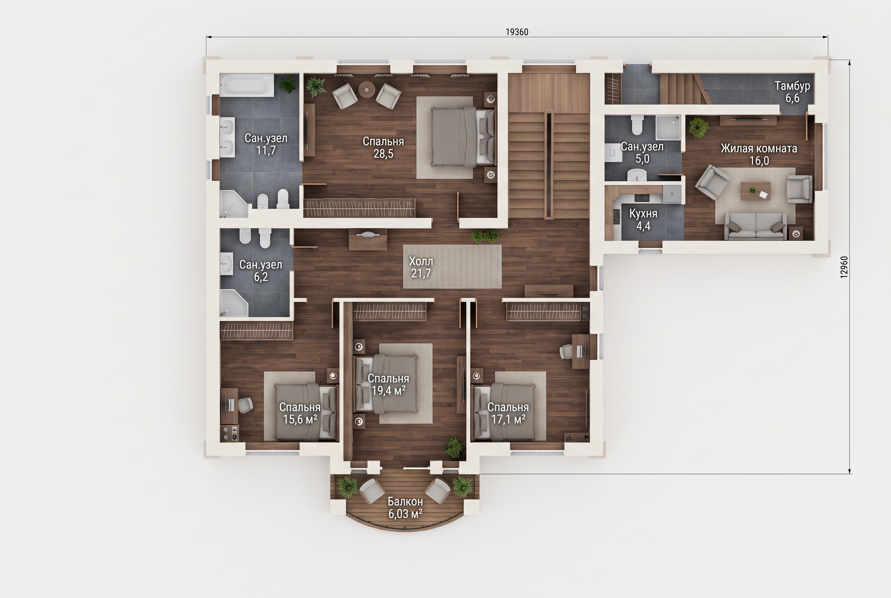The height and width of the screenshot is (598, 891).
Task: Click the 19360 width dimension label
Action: pyautogui.click(x=517, y=32)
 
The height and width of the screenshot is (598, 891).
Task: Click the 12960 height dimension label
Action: pyautogui.click(x=844, y=267)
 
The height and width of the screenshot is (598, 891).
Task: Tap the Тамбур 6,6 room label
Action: pyautogui.click(x=792, y=92)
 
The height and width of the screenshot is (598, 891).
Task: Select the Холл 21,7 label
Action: pyautogui.click(x=421, y=267)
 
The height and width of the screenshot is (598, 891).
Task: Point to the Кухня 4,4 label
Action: pyautogui.click(x=643, y=220)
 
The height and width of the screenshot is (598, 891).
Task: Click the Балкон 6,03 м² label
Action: pyautogui.click(x=405, y=508)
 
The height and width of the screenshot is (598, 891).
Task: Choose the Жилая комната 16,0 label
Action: pyautogui.click(x=759, y=154)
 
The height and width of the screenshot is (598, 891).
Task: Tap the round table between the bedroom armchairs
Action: pyautogui.click(x=367, y=90)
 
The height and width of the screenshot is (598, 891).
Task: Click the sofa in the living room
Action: pyautogui.click(x=755, y=226)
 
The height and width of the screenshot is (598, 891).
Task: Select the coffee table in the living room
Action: pyautogui.click(x=756, y=191)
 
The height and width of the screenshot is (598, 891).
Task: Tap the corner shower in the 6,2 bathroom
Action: pyautogui.click(x=233, y=303)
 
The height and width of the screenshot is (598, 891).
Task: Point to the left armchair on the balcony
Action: pyautogui.click(x=372, y=491)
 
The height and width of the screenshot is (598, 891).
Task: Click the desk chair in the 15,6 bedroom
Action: pyautogui.click(x=245, y=405)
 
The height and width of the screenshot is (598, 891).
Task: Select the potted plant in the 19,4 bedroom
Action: pyautogui.click(x=454, y=448)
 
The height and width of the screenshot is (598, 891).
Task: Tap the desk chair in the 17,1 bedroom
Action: pyautogui.click(x=566, y=351)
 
